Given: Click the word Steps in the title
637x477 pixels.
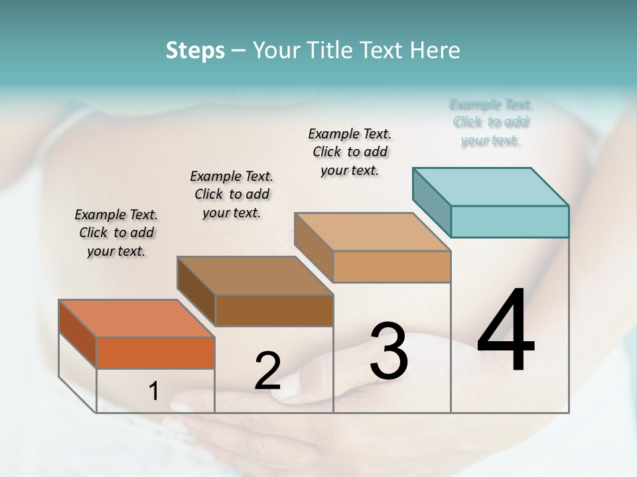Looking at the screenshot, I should point(195,50).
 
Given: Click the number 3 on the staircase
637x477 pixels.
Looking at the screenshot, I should point(389,351).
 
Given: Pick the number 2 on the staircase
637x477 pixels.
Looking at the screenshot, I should point(267,371).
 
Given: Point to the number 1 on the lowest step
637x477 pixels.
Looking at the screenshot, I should point(154,392).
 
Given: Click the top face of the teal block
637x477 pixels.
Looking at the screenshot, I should point(491,186).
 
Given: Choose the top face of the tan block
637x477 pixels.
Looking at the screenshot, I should point(372,232).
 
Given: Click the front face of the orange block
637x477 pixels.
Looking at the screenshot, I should point(155,352).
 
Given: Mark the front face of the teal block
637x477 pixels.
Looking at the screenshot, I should point(510,221).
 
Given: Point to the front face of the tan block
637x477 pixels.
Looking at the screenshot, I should point(391,267).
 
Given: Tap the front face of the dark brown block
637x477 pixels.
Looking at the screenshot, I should point(274,310).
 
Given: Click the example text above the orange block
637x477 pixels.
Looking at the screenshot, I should point(116,233).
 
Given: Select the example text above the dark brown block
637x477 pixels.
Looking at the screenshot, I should point(232,194).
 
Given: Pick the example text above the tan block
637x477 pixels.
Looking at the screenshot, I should point(350,152).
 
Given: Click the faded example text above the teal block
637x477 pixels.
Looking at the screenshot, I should point(491,122).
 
